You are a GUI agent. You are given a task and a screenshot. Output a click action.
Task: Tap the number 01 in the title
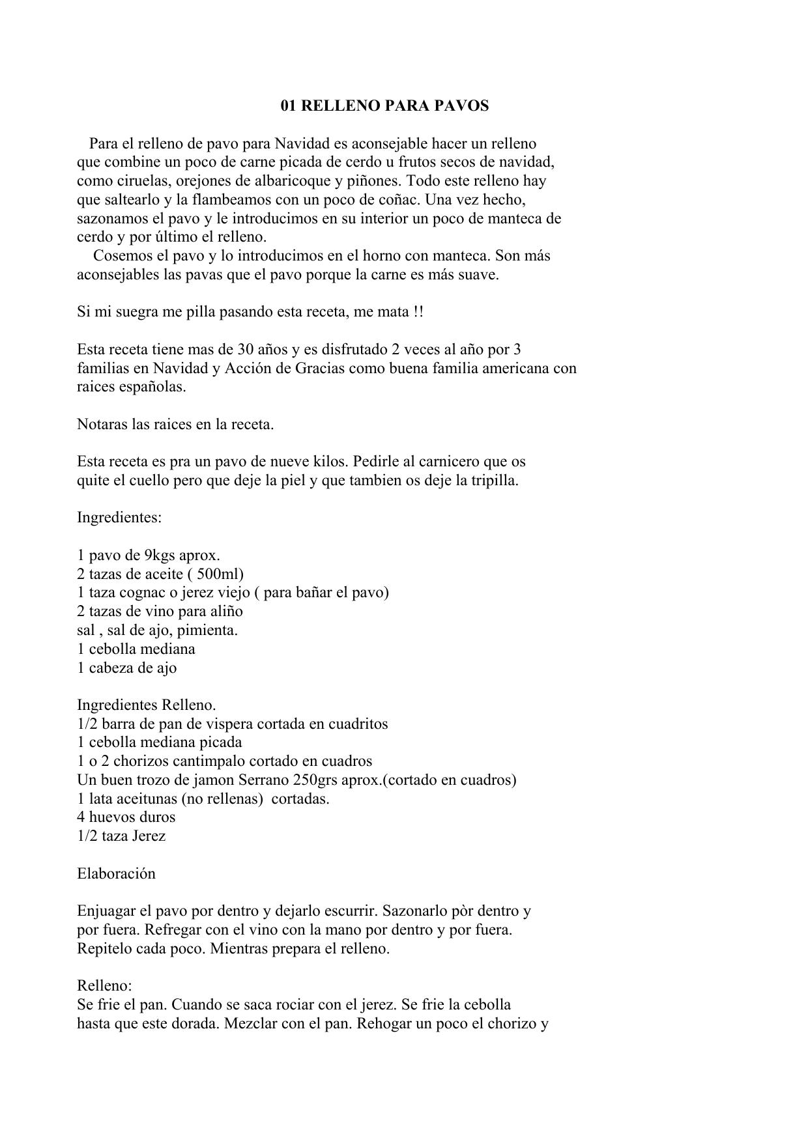pos(289,106)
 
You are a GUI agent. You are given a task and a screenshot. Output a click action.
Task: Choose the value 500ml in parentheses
pos(220,574)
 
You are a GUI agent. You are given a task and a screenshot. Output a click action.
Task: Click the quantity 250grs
pos(318,780)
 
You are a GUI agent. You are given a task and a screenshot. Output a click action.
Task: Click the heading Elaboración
pos(116,874)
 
